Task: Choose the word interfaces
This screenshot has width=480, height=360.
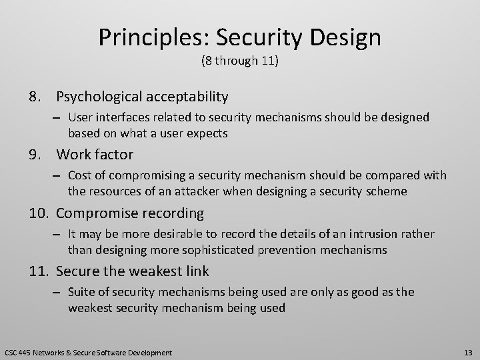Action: click(131, 117)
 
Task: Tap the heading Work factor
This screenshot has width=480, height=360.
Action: click(95, 155)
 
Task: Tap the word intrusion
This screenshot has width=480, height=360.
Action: click(367, 234)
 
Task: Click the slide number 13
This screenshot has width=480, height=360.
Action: click(467, 352)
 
